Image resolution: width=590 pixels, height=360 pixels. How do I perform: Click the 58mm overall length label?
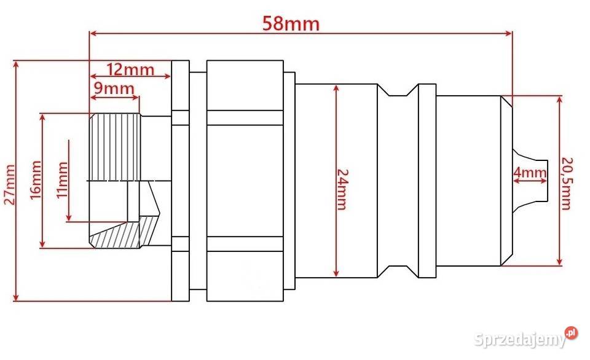291,23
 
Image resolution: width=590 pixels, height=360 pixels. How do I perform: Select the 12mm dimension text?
130,68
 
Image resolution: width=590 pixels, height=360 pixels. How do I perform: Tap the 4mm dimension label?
530,173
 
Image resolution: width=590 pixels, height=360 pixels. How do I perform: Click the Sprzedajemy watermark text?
520,338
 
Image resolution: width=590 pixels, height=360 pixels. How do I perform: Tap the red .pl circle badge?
572,332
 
